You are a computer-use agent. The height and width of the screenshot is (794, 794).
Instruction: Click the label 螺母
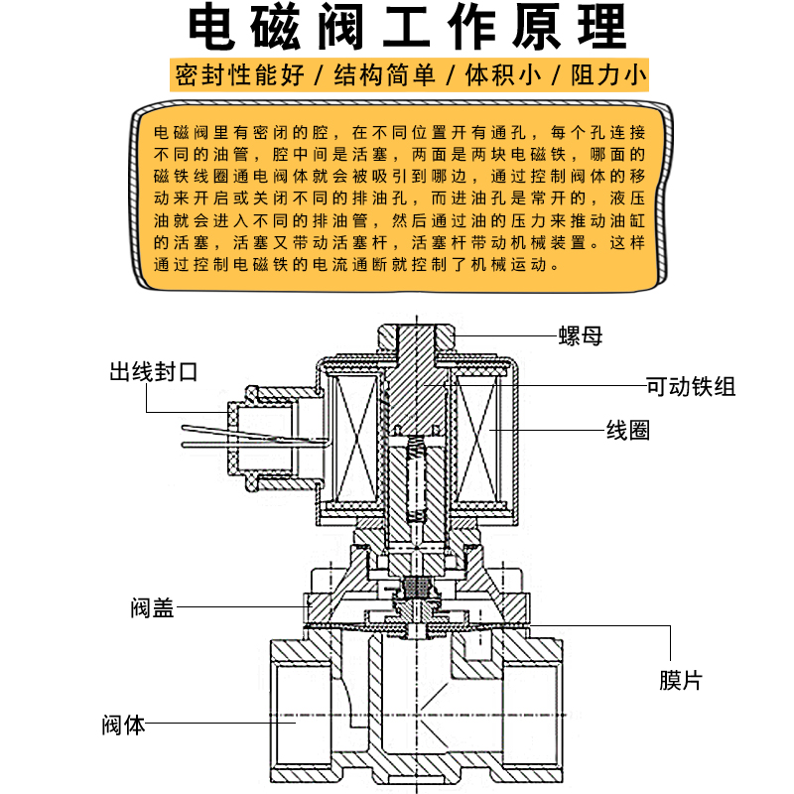tap(580, 336)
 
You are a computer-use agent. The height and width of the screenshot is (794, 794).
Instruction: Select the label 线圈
tap(628, 431)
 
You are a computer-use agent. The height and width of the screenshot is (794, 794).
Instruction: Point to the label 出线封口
tap(154, 372)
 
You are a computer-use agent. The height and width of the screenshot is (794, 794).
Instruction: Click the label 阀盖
tap(152, 606)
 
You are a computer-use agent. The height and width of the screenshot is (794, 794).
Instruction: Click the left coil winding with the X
tap(353, 437)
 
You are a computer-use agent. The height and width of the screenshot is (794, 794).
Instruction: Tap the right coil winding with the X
tap(479, 437)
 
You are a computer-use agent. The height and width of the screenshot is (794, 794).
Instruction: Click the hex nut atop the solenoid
tap(416, 337)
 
